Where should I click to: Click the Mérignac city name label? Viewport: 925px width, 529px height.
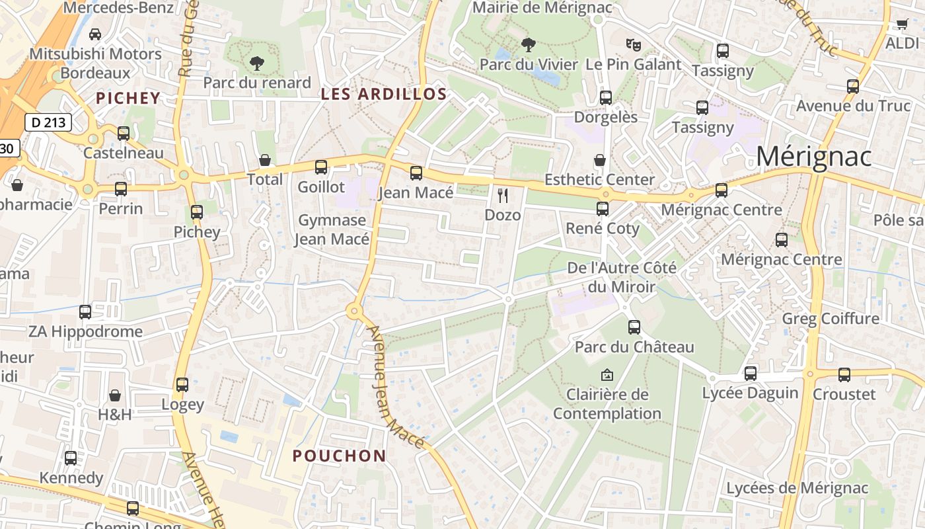tap(813, 157)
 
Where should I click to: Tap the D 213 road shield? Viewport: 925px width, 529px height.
tap(48, 122)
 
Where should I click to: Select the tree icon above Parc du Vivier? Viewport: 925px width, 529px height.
tap(528, 45)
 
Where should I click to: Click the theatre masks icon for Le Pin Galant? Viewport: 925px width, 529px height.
tap(633, 44)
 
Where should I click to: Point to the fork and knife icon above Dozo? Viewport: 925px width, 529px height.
tap(503, 195)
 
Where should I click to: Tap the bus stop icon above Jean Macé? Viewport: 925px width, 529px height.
tap(416, 173)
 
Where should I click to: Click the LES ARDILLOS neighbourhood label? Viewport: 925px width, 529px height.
tap(384, 94)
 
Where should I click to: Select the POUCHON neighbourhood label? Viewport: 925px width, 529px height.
tap(339, 456)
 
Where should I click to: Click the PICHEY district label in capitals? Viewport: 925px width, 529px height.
tap(128, 98)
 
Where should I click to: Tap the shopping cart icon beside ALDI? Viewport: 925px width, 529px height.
tap(902, 24)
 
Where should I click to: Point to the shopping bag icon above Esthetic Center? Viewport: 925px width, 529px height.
tap(599, 160)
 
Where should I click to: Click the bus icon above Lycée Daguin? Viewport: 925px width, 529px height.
tap(750, 373)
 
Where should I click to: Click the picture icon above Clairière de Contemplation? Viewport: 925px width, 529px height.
tap(607, 375)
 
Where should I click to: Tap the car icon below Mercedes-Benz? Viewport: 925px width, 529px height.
tap(95, 34)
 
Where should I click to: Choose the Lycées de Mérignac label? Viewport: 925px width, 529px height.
tap(797, 488)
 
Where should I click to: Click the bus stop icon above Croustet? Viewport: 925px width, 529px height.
tap(844, 375)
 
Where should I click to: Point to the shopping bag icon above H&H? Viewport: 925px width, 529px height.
tap(115, 395)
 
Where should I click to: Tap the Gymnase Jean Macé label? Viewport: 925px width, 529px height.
tap(332, 229)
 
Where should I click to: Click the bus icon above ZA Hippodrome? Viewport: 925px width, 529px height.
tap(85, 311)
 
